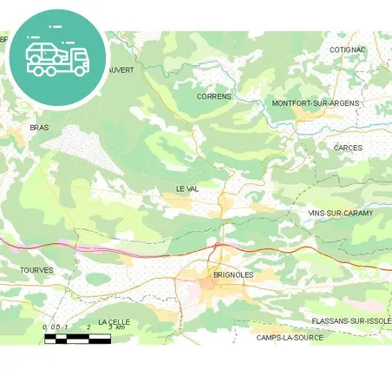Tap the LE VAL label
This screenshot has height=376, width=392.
187,188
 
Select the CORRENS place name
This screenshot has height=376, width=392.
214,96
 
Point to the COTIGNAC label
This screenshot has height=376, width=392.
348,49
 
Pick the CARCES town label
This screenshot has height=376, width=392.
348,148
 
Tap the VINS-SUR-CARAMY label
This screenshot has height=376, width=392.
340,212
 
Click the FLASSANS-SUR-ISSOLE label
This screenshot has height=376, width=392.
351,320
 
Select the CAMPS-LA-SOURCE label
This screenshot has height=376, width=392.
290,337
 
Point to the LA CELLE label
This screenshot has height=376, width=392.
114,321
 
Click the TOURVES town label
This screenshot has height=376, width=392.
36,270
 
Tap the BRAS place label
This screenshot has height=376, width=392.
39,127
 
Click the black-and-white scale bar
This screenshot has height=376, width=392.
77,338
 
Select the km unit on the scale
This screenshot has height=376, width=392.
121,327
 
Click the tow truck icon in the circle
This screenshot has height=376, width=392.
57,55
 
